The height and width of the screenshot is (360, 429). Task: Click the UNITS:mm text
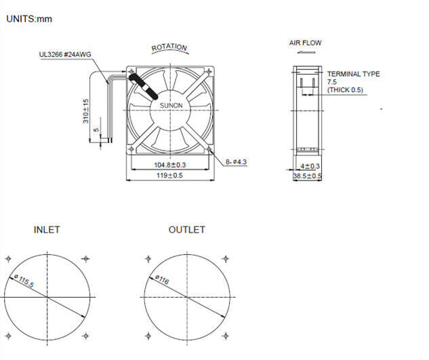pos(29,18)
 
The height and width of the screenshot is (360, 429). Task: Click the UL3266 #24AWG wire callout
pos(65,56)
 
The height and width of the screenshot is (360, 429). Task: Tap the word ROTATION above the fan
pos(169,47)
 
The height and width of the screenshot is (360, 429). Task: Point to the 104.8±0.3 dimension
pos(170,165)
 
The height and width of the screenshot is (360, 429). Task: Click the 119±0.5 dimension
pos(170,175)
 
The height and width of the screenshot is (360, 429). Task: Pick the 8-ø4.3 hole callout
pos(237,161)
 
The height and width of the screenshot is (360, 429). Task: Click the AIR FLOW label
pos(305,43)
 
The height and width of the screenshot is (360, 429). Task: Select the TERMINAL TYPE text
pos(353,74)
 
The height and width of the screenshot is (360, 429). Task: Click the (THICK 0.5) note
pos(345,89)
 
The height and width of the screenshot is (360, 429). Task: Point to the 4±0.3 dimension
pos(310,165)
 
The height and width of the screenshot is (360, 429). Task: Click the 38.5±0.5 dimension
pos(307,176)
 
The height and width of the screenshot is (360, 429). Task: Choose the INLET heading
pos(47,230)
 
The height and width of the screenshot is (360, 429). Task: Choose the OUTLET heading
pos(186,230)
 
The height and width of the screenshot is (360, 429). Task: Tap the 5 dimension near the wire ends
pos(97,129)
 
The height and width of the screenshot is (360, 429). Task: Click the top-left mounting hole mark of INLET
pos(8,258)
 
